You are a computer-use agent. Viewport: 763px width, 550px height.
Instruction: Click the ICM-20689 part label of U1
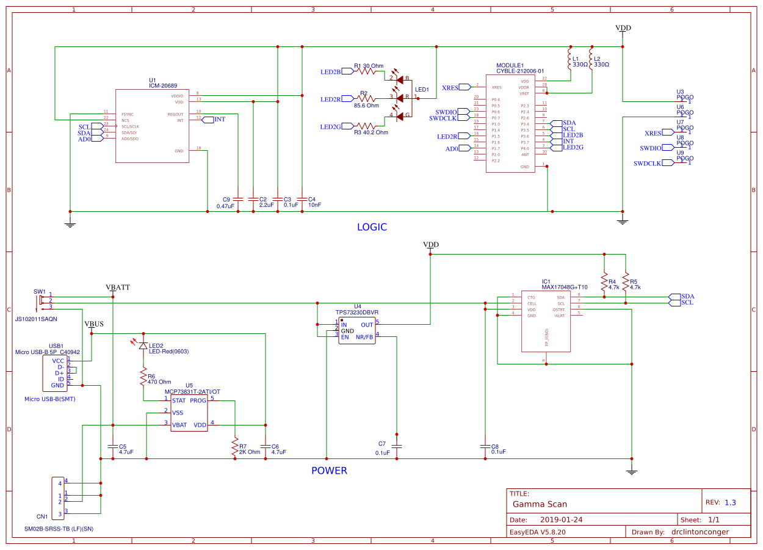163,85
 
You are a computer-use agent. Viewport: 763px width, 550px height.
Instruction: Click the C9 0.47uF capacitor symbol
238,199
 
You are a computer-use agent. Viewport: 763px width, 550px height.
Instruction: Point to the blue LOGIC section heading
372,227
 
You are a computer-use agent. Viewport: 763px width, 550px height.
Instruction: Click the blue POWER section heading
329,471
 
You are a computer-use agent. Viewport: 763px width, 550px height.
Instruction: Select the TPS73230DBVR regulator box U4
357,330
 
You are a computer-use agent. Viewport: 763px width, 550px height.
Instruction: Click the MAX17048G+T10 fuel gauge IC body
546,321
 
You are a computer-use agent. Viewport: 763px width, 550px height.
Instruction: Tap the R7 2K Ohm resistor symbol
234,448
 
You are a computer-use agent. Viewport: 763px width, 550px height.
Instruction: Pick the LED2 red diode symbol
143,346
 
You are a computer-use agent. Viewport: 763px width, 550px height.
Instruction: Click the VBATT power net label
118,287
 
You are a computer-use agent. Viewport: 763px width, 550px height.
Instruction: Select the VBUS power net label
94,324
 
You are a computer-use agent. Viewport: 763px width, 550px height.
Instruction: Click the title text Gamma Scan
540,504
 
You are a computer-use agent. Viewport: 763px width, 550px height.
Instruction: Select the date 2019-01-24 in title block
562,521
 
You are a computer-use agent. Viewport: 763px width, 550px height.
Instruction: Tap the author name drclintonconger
708,532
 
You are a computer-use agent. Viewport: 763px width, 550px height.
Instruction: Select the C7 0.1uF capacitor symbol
397,446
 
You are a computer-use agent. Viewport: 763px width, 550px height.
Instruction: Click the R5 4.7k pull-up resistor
625,282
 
